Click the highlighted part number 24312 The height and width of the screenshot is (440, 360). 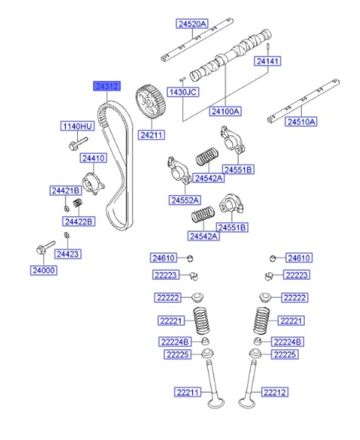[x=106, y=86]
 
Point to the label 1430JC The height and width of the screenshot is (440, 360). [x=182, y=92]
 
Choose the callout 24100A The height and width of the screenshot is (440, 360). [x=225, y=111]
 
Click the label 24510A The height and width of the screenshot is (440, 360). [x=302, y=122]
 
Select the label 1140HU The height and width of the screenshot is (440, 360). [x=77, y=126]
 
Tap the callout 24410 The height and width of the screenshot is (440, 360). [x=93, y=158]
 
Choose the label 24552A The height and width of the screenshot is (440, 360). [x=184, y=200]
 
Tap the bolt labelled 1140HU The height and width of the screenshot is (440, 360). [x=77, y=143]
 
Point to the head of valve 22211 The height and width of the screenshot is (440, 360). [x=216, y=403]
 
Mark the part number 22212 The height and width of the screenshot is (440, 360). [x=276, y=391]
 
